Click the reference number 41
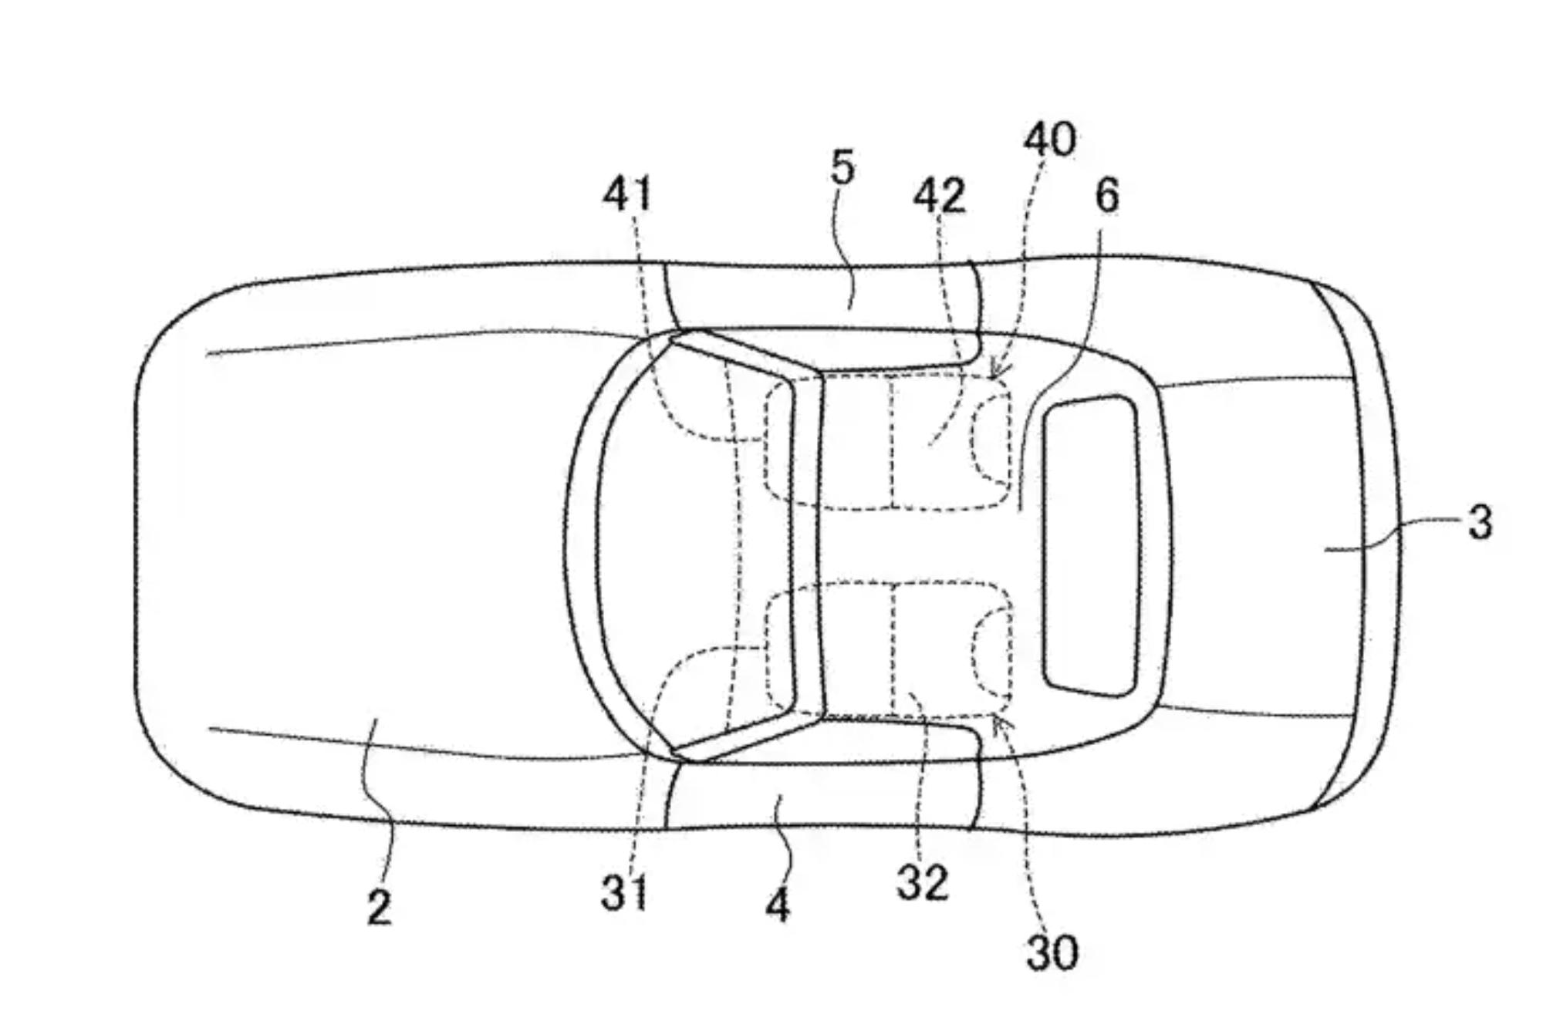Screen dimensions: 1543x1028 coord(627,194)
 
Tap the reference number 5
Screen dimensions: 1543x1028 coord(842,167)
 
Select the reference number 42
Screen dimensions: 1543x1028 coord(939,196)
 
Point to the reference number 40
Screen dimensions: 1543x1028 coord(1049,140)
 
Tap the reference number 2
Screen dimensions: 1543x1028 coord(379,908)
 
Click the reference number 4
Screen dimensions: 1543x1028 coord(778,905)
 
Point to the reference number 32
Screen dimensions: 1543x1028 coord(923,882)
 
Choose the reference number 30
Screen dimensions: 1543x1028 coord(1052,953)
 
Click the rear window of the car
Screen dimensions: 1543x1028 coord(1090,546)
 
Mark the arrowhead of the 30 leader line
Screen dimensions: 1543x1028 coord(998,723)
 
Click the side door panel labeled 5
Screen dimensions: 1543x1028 coord(822,297)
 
